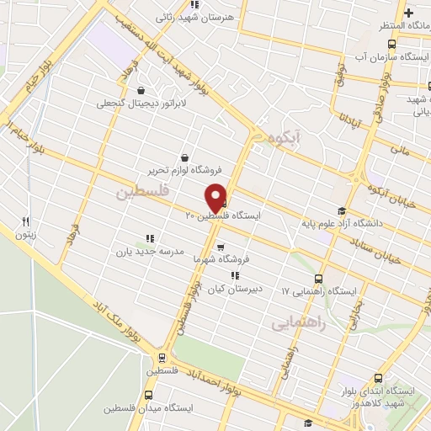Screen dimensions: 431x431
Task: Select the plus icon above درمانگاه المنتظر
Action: coord(409,13)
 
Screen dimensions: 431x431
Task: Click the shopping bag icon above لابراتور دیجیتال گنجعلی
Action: coord(140,90)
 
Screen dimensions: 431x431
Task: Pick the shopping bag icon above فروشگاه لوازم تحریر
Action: coord(185,156)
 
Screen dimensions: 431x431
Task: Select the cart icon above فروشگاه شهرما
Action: coord(221,247)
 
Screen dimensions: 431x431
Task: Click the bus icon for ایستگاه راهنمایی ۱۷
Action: coord(318,279)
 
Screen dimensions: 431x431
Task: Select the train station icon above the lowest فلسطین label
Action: coord(163,355)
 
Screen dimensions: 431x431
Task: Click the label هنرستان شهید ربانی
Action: coord(192,15)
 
